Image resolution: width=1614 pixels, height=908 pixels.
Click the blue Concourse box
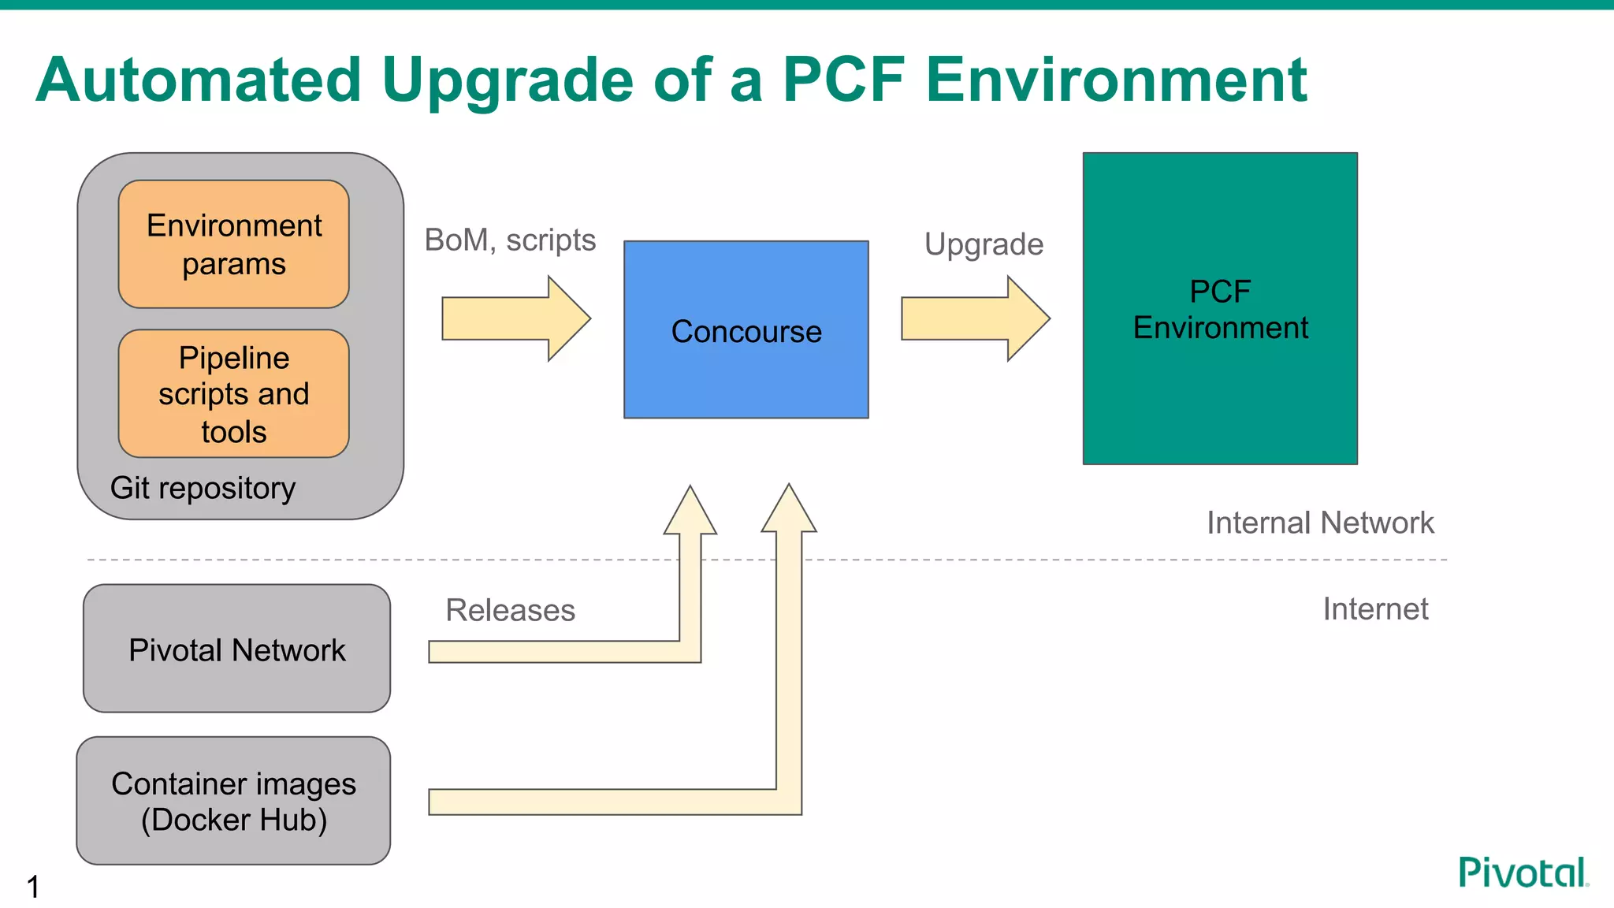coord(746,330)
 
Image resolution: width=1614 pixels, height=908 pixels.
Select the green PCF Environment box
coord(1219,309)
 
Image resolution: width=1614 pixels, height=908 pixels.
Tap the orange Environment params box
coord(233,244)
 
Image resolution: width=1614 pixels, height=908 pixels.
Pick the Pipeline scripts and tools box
coord(233,394)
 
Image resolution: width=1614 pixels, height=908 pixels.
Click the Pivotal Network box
coord(236,649)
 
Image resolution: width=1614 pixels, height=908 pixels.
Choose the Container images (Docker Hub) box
coord(233,801)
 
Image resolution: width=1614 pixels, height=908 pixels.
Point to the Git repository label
coord(203,489)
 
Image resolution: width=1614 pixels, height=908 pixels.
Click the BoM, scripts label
coord(510,240)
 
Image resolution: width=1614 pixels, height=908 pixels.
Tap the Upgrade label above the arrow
coord(984,244)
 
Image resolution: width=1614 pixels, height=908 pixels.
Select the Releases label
coord(510,611)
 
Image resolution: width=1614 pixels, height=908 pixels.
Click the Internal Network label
coord(1320,523)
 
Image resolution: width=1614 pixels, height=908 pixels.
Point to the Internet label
coord(1375,609)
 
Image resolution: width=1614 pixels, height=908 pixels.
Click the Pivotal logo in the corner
coord(1523,873)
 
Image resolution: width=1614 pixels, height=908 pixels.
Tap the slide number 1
coord(33,887)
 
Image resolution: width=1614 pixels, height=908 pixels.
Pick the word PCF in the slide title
coord(843,80)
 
